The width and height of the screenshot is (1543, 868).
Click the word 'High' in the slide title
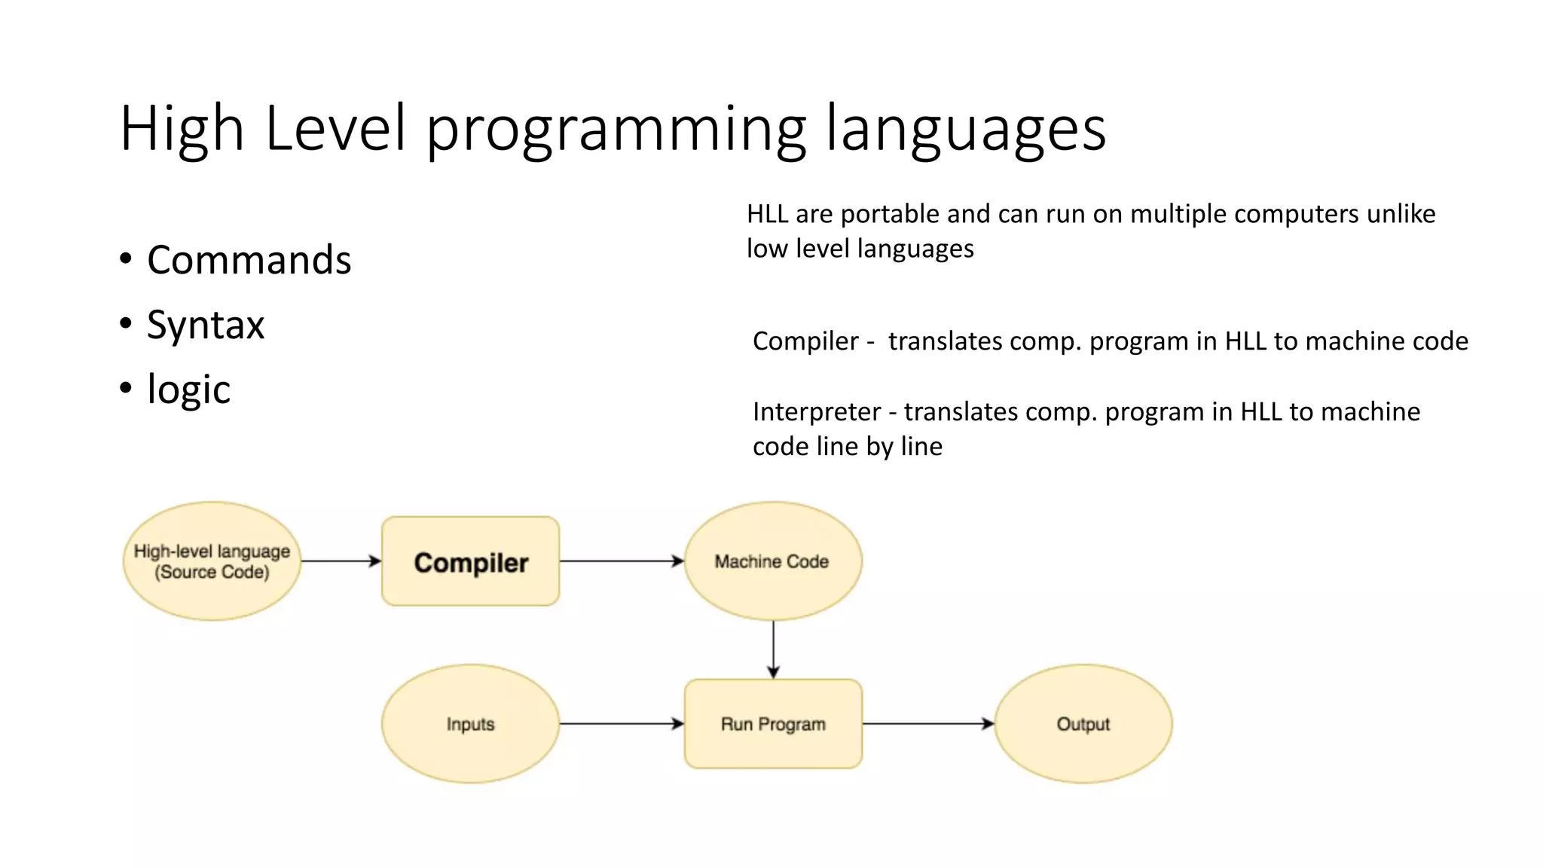point(182,129)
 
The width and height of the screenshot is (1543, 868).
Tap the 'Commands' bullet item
point(249,260)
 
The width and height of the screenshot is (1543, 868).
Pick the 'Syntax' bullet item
point(206,325)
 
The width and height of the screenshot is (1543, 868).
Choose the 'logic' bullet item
point(188,390)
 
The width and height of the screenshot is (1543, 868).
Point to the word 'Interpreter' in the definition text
point(817,412)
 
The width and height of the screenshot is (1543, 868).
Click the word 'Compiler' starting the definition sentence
point(805,341)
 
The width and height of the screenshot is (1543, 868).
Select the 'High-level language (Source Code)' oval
point(212,561)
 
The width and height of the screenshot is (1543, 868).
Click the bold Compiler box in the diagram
point(471,561)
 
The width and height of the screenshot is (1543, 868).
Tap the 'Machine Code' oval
point(773,561)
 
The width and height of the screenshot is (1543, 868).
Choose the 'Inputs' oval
point(470,724)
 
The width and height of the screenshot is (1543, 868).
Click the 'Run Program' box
point(773,724)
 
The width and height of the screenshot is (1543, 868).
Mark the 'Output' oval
point(1083,724)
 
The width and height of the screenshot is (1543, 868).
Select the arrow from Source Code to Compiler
point(341,561)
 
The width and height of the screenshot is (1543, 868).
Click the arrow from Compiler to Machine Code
point(622,561)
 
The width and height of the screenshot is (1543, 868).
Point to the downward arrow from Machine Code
point(773,649)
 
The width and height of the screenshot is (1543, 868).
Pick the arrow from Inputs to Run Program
point(622,724)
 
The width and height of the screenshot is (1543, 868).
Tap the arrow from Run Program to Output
point(928,724)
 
